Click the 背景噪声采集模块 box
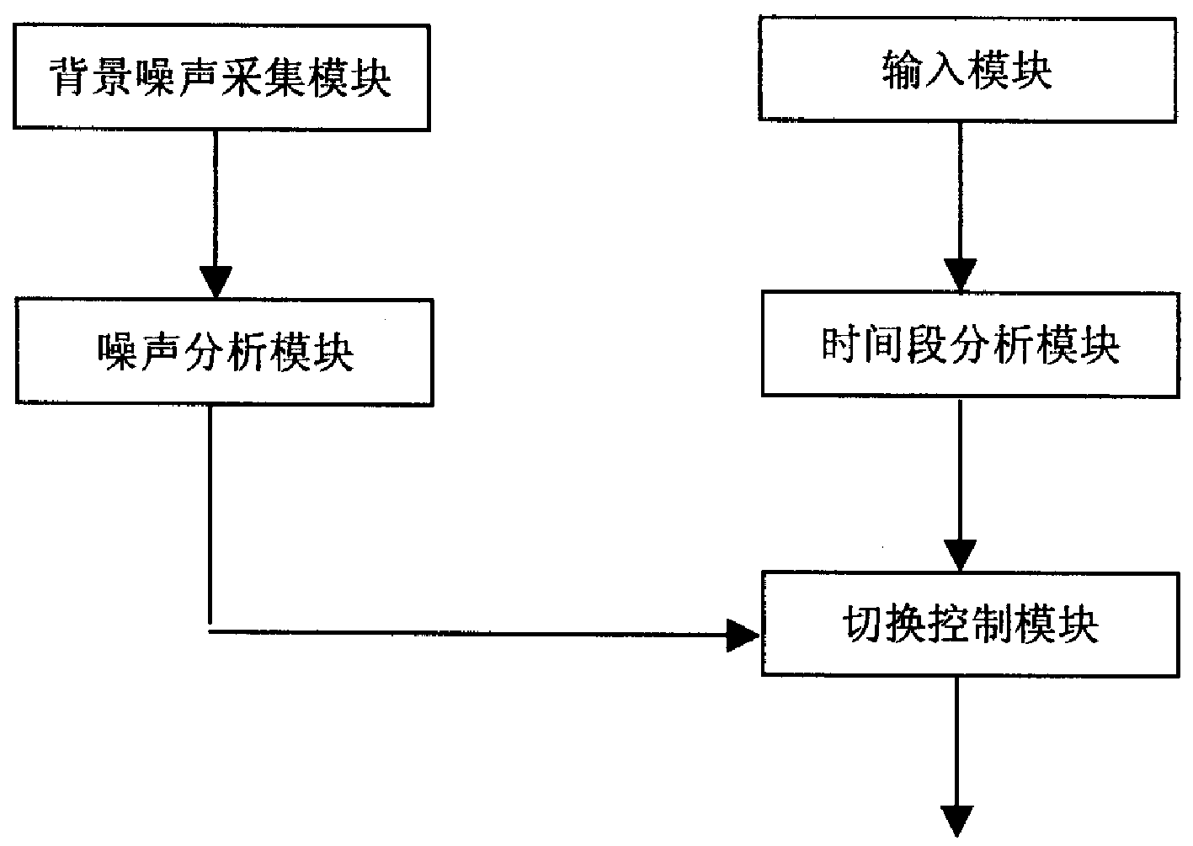click(221, 77)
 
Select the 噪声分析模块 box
click(224, 353)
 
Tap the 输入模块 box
click(967, 70)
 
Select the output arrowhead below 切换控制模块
click(957, 821)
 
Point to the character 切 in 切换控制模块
click(861, 625)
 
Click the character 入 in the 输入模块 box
click(946, 71)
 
